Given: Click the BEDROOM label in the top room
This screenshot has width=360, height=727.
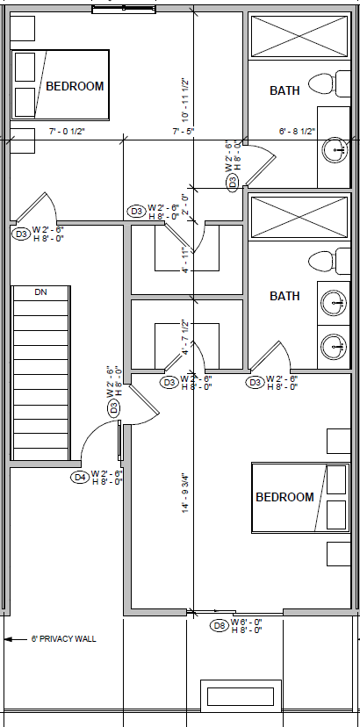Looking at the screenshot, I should click(75, 86).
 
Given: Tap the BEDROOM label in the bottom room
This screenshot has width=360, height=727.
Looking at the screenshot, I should click(284, 497).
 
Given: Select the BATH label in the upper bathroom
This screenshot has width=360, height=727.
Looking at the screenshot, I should click(284, 90).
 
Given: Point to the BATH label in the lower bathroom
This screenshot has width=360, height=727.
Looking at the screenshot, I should click(284, 296).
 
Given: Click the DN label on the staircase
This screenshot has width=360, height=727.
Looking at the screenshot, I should click(40, 292).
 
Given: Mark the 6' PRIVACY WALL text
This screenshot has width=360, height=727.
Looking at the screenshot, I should click(63, 638).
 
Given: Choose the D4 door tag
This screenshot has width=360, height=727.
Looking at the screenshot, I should click(80, 478).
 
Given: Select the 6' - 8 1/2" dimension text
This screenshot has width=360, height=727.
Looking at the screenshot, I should click(297, 132).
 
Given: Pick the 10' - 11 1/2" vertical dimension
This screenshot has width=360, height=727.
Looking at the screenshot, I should click(186, 99).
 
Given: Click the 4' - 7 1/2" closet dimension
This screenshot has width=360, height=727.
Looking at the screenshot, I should click(185, 337).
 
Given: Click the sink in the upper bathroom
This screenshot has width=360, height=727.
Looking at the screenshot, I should click(335, 149).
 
